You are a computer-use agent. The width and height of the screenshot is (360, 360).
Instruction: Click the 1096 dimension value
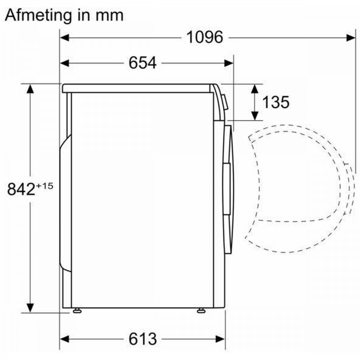(204, 38)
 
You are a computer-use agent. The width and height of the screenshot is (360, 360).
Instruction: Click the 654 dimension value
(142, 63)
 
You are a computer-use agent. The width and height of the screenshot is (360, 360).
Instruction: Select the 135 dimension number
(275, 102)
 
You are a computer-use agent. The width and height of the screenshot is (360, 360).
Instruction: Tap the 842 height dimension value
(21, 189)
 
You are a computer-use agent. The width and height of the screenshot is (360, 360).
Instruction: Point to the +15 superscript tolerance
(45, 185)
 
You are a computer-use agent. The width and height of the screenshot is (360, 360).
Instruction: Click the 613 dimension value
(142, 339)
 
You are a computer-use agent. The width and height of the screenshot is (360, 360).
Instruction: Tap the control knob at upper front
(225, 102)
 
